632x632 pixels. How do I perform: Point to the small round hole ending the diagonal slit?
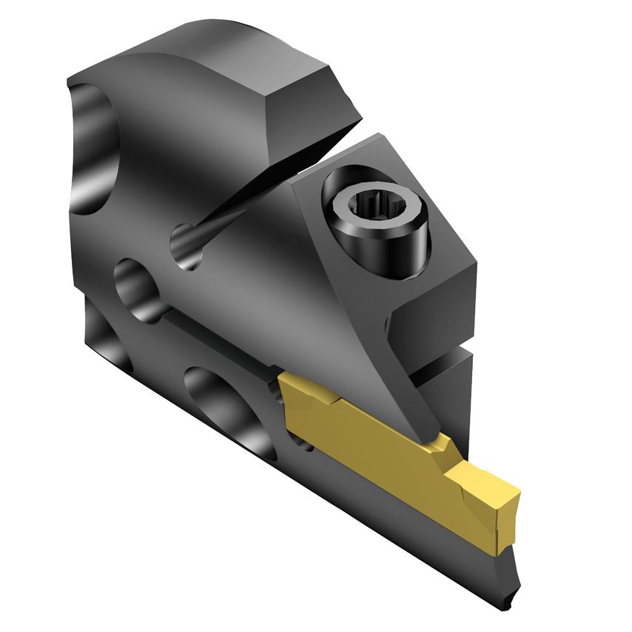coord(186,247)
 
